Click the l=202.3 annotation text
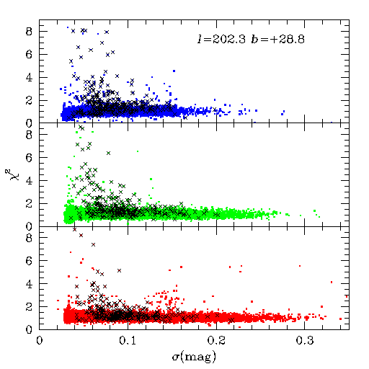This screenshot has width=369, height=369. pyautogui.click(x=221, y=39)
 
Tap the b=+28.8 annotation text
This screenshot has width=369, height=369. pyautogui.click(x=277, y=39)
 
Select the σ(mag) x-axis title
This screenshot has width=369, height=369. pyautogui.click(x=194, y=357)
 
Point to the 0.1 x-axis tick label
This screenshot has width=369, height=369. pyautogui.click(x=128, y=341)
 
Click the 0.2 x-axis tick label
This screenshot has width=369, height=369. pyautogui.click(x=216, y=341)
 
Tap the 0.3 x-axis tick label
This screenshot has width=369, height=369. pyautogui.click(x=305, y=341)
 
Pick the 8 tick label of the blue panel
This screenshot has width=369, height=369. pyautogui.click(x=29, y=32)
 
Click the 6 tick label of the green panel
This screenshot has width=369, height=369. pyautogui.click(x=29, y=158)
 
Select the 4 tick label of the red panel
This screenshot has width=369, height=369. pyautogui.click(x=29, y=284)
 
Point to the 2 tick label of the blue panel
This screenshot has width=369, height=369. pyautogui.click(x=29, y=100)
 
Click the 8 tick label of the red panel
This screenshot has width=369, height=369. pyautogui.click(x=29, y=238)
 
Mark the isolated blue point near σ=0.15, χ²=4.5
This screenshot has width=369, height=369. pyautogui.click(x=174, y=71)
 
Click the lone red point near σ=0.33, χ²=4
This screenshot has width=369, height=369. pyautogui.click(x=332, y=282)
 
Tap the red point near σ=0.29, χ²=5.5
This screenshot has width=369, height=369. pyautogui.click(x=300, y=266)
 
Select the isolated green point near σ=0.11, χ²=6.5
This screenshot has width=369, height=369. pyautogui.click(x=138, y=151)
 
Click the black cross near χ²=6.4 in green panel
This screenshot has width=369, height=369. pyautogui.click(x=109, y=153)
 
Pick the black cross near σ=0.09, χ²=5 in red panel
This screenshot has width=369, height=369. pyautogui.click(x=119, y=270)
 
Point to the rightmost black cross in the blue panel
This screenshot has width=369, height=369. pyautogui.click(x=215, y=110)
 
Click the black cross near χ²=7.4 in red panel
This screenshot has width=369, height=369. pyautogui.click(x=94, y=244)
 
